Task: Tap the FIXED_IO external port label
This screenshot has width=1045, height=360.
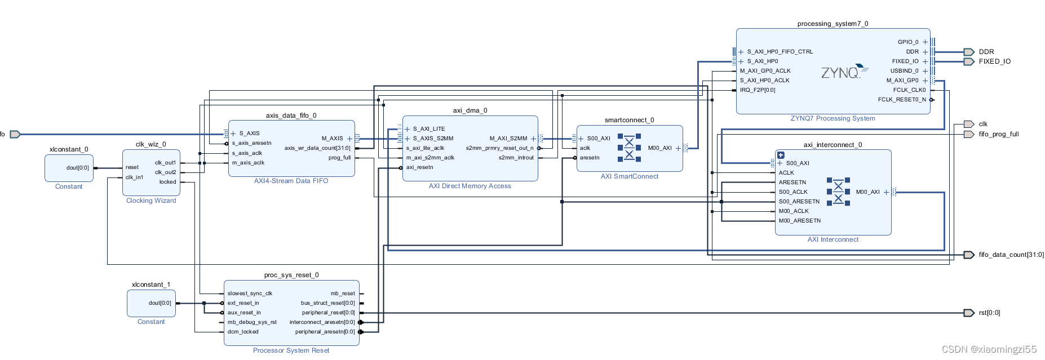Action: (994, 61)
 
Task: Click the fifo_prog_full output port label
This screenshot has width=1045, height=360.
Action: (998, 134)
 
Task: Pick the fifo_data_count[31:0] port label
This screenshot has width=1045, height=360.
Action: (1011, 255)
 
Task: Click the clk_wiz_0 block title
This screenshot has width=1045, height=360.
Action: (150, 144)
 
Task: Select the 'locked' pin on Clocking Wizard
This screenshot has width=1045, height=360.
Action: (167, 182)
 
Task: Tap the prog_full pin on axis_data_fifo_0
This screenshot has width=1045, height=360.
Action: (339, 158)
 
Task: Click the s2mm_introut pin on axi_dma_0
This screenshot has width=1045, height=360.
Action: (516, 158)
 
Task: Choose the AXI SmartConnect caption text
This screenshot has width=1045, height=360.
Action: (629, 176)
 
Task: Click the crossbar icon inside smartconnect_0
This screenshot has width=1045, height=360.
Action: (629, 148)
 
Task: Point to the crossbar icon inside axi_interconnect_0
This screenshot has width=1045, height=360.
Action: (838, 191)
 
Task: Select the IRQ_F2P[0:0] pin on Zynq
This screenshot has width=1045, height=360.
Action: (758, 90)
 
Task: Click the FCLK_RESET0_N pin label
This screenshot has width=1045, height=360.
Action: (901, 100)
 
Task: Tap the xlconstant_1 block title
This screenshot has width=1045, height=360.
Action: (150, 285)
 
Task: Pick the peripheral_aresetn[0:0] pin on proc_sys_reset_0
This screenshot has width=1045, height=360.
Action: (325, 332)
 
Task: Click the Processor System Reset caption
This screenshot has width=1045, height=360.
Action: (291, 350)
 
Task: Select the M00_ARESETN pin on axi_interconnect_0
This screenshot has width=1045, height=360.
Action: (799, 221)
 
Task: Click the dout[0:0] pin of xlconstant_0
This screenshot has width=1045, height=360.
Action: (77, 168)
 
